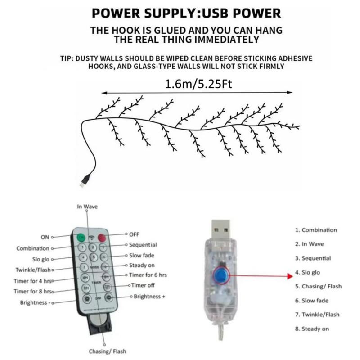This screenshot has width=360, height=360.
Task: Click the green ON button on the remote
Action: tap(81, 238)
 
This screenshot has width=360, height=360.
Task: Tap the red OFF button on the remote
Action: tap(102, 238)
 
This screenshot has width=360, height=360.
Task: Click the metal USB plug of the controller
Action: tap(220, 229)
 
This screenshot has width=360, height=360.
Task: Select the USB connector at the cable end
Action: tap(85, 181)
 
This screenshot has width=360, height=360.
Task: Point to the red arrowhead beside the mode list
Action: tap(290, 276)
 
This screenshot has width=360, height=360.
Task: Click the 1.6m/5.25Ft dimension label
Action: tap(198, 84)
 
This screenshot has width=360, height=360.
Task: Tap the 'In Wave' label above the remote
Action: tap(87, 207)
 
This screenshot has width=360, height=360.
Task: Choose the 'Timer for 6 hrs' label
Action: tap(148, 275)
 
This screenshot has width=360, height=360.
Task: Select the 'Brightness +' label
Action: tap(149, 297)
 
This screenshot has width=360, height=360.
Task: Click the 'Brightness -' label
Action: tap(35, 302)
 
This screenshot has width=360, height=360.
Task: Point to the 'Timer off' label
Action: tap(143, 285)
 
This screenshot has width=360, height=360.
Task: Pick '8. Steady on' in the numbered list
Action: tap(312, 329)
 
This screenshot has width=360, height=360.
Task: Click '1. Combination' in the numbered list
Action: tap(316, 230)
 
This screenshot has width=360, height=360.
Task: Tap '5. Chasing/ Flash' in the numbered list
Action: tap(319, 286)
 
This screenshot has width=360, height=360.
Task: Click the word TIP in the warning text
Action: tap(67, 58)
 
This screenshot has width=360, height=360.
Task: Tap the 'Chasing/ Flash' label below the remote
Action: tap(108, 351)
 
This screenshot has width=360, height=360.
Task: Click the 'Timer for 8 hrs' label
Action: tap(33, 291)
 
